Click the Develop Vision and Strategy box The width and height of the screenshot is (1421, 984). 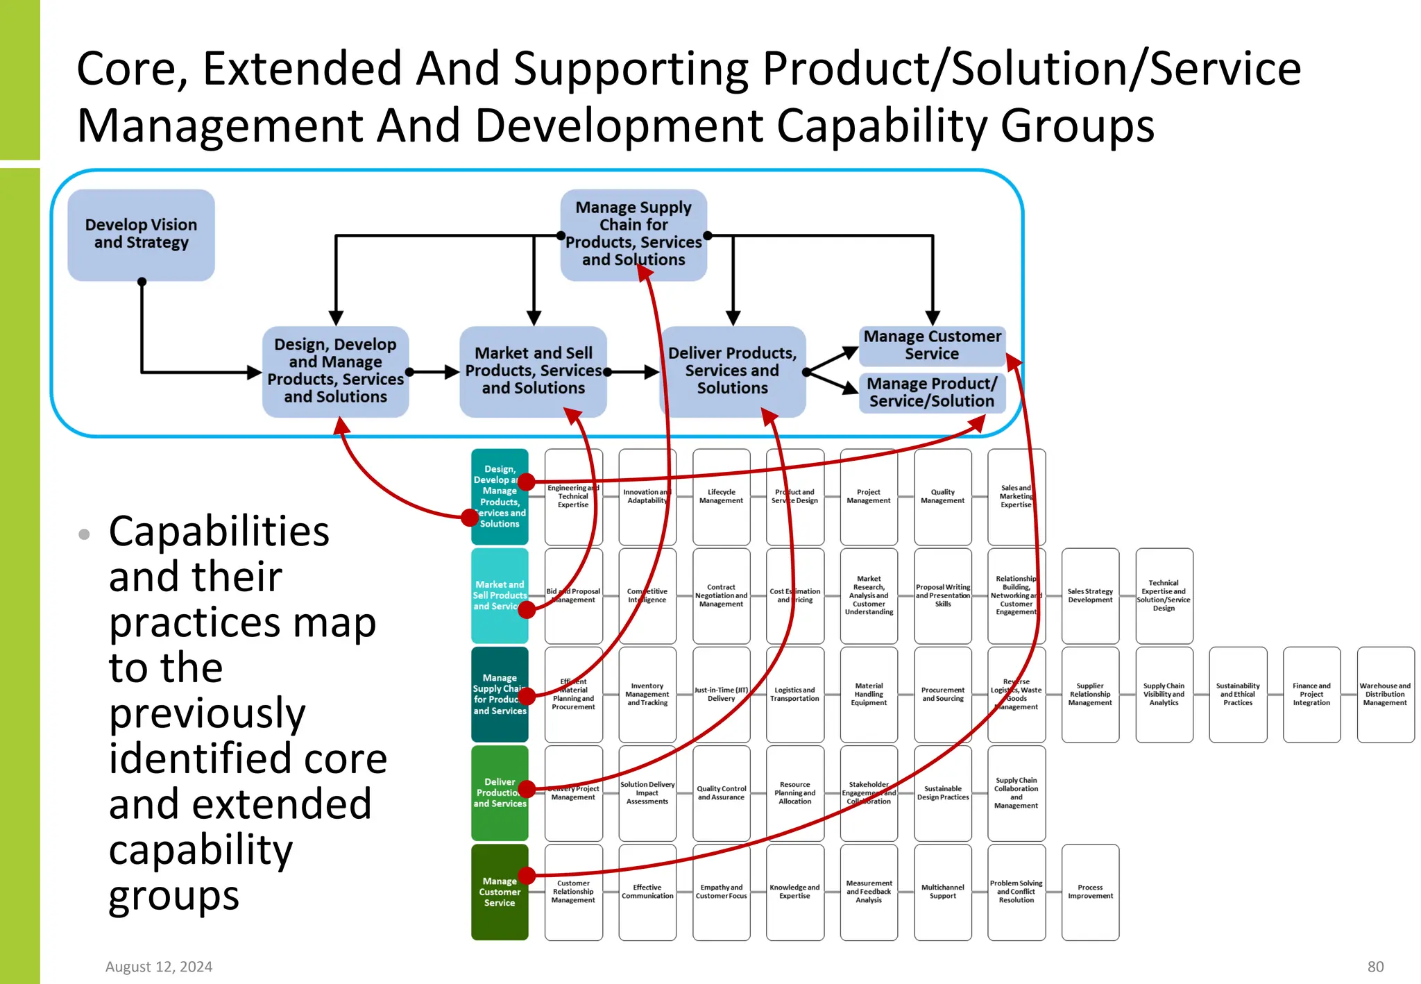point(141,235)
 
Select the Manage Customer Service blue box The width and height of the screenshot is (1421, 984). point(932,346)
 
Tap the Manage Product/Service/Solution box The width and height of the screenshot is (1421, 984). point(932,393)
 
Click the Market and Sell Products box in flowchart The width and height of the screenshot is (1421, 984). point(533,371)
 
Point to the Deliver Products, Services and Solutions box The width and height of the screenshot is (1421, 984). point(732,371)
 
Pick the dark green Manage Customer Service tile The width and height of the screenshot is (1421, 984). point(500,892)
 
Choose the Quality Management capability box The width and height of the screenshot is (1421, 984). point(942,496)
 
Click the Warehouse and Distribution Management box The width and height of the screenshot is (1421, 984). point(1385,694)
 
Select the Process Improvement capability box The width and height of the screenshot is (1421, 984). point(1090,892)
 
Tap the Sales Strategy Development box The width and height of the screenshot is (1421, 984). point(1090,595)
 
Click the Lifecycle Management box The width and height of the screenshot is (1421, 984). point(721,496)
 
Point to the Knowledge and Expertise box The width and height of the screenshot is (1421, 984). point(794,892)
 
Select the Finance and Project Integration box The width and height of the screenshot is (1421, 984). point(1311,694)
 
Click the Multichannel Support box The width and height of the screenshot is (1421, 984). point(942,892)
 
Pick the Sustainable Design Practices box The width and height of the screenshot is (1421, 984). point(942,792)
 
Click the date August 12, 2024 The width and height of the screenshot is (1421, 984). point(159,967)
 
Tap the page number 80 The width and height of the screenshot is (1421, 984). point(1375,967)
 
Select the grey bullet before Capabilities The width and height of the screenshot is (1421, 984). point(85,534)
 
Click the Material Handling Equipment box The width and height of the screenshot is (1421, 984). point(869,694)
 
